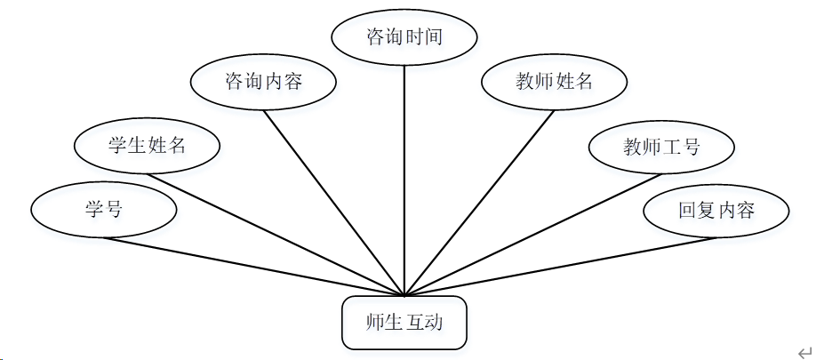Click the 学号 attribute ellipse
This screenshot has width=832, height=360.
[x=104, y=210]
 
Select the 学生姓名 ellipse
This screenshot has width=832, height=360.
[x=147, y=146]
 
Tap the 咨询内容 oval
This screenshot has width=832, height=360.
[x=264, y=83]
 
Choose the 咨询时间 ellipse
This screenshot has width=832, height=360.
[x=404, y=37]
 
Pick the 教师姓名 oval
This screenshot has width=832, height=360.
[x=554, y=83]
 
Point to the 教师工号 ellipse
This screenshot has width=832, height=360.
[x=662, y=147]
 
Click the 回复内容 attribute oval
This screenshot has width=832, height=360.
[x=716, y=211]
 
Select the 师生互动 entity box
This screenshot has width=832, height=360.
[x=404, y=322]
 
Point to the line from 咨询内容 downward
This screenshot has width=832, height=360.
[x=334, y=203]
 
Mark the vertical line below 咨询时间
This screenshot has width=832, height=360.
[x=404, y=178]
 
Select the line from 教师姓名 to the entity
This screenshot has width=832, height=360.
[x=480, y=203]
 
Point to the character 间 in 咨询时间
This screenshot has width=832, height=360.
[x=433, y=37]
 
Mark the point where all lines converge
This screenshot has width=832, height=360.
[x=404, y=296]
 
